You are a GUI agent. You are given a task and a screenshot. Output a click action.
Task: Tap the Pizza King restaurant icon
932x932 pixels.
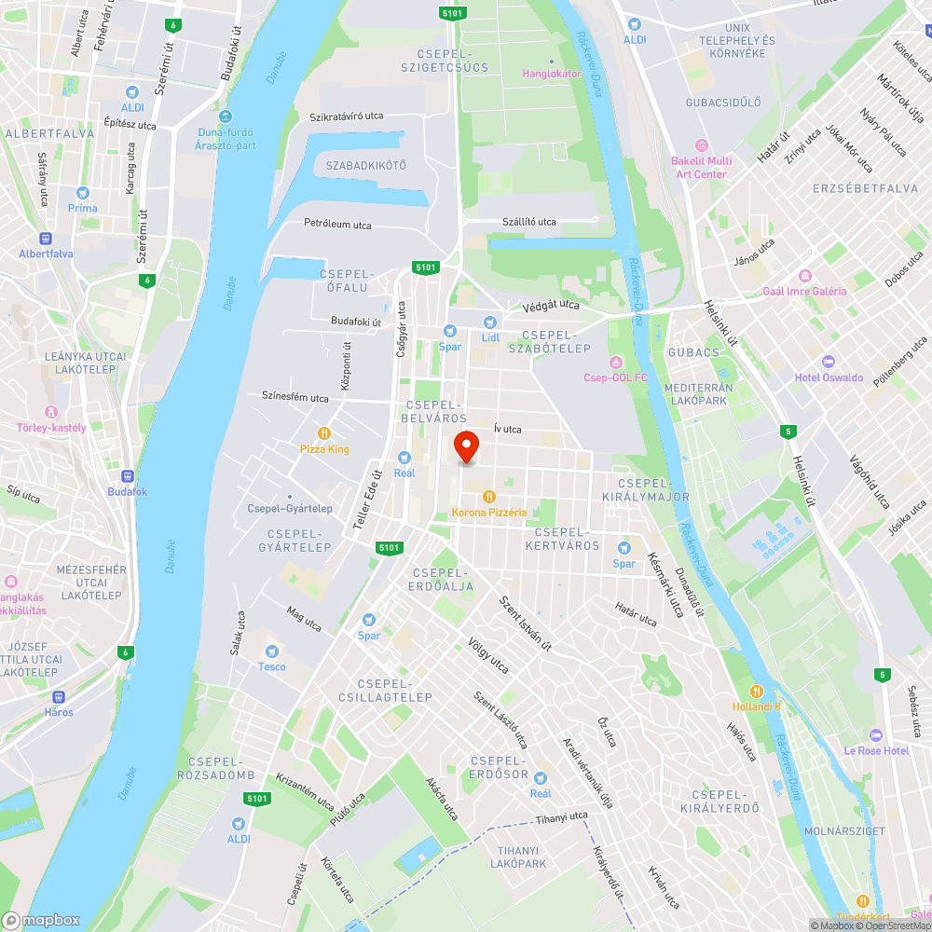(324, 433)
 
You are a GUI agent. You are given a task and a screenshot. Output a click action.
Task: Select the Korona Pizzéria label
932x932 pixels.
(489, 513)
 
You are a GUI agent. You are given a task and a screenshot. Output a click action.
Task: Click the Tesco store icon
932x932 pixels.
(272, 651)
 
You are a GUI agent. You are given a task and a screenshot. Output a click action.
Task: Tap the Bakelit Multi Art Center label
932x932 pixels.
(701, 168)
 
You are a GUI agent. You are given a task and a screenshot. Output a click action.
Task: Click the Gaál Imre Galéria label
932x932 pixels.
(804, 291)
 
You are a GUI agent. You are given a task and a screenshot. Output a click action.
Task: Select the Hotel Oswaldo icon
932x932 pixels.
(828, 362)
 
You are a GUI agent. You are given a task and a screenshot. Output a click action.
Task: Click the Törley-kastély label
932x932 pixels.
(51, 428)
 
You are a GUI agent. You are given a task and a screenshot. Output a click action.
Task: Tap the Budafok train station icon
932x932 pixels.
(127, 475)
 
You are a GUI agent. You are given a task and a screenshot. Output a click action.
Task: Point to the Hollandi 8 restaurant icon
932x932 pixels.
(756, 692)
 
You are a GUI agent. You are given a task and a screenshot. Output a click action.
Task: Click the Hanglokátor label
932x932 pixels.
(552, 74)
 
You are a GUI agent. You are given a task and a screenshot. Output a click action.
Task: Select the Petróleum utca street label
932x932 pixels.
(337, 225)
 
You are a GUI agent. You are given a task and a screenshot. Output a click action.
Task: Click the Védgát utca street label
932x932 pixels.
(551, 305)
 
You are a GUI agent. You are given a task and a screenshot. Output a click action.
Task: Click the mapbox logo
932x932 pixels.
(42, 920)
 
